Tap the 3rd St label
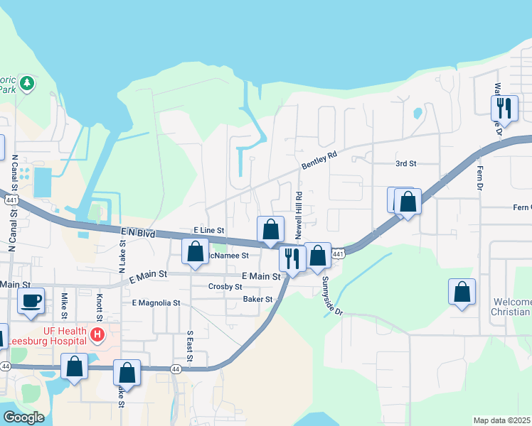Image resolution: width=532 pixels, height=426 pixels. (405, 163)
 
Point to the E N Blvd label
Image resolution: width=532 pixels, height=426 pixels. (138, 232)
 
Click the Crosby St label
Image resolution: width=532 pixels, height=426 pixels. (225, 287)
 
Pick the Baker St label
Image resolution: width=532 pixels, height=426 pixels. (258, 300)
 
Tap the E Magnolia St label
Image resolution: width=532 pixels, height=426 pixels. (156, 302)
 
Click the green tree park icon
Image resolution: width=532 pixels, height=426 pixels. (27, 84)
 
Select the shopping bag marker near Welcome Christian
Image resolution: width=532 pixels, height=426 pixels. (462, 291)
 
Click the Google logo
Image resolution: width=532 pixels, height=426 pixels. (23, 417)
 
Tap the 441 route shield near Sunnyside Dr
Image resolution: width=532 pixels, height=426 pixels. (339, 254)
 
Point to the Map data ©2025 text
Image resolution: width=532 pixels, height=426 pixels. (501, 420)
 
